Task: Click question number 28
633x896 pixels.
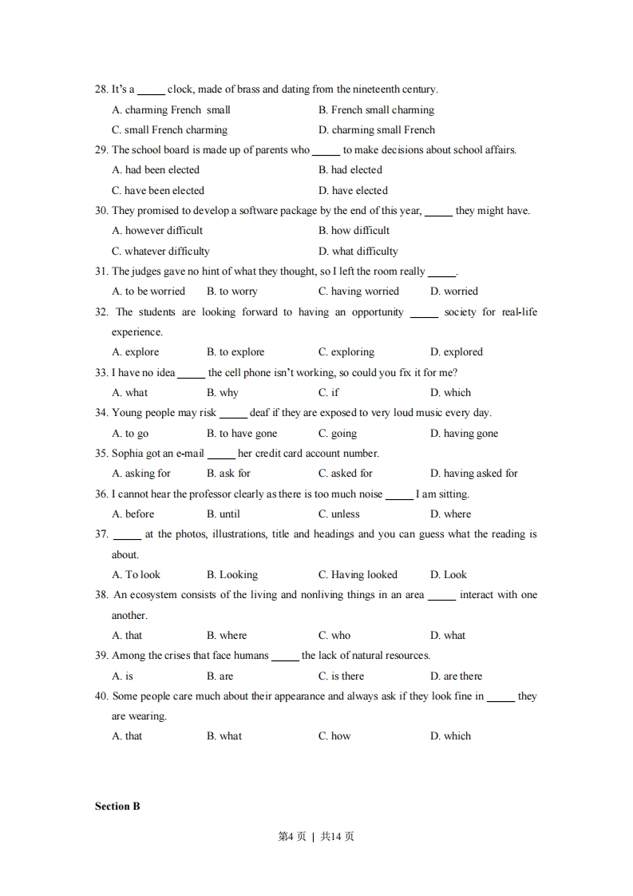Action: tap(101, 89)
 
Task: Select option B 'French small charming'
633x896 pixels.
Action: tap(376, 110)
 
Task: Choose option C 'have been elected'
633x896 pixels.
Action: tap(158, 191)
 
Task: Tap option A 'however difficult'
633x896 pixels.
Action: tap(157, 231)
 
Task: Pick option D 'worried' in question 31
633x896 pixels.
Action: tap(454, 291)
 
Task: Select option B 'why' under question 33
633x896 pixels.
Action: tap(223, 393)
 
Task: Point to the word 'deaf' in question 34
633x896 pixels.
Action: tap(259, 413)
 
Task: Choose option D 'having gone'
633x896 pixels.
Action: tap(464, 434)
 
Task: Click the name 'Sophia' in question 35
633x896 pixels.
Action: tap(128, 454)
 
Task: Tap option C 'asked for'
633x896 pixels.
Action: tap(346, 474)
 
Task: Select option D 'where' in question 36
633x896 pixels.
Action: tap(450, 514)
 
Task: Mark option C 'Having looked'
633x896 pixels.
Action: tap(358, 575)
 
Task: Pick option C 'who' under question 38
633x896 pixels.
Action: tap(334, 636)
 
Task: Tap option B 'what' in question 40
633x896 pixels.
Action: tap(224, 736)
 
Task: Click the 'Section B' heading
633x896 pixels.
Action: tap(117, 807)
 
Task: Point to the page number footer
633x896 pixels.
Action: tap(316, 837)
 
